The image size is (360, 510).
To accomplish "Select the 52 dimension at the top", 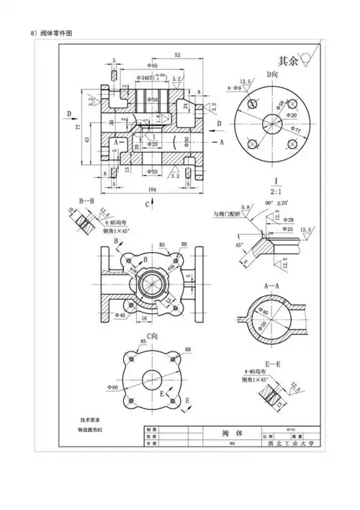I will coord(177,55).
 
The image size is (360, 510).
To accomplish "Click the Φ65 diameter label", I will coord(151,66).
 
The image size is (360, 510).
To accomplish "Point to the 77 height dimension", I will coord(77,127).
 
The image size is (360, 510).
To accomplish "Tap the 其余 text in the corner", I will coord(287,61).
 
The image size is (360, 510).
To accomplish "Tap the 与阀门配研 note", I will coord(225,214).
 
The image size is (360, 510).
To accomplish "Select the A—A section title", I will coord(272,286).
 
